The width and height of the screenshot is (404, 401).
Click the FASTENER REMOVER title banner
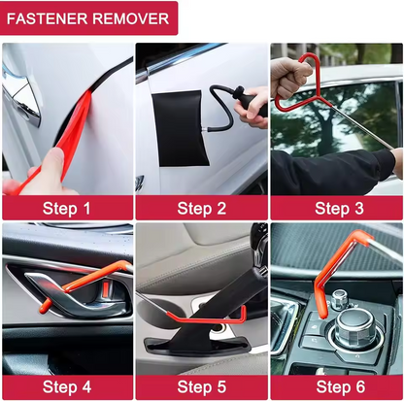pyautogui.click(x=89, y=17)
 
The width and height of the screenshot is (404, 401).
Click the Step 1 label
pyautogui.click(x=67, y=207)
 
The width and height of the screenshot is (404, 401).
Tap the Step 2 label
pyautogui.click(x=201, y=207)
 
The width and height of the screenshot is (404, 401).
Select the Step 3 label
pyautogui.click(x=336, y=207)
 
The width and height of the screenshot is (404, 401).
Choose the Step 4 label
pyautogui.click(x=67, y=386)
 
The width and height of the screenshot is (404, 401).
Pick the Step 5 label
pyautogui.click(x=201, y=386)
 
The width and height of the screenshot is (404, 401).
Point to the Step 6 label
pyautogui.click(x=336, y=386)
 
